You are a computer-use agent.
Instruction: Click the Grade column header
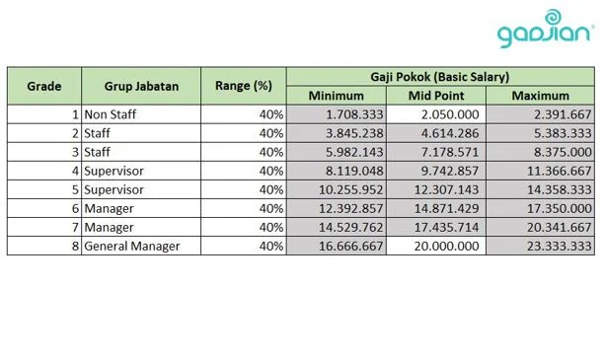(43, 86)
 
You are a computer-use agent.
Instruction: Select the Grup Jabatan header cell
(142, 86)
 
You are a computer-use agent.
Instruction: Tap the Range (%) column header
(243, 86)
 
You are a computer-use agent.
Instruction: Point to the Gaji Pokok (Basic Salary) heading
(440, 76)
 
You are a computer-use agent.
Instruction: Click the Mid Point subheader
(435, 96)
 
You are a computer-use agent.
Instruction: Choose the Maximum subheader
(540, 96)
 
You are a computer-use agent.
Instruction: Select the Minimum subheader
(336, 96)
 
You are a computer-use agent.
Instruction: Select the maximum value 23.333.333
(554, 246)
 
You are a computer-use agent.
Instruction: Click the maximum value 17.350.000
(554, 208)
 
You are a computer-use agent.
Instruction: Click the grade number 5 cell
(75, 189)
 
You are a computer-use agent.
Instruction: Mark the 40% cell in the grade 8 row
(270, 246)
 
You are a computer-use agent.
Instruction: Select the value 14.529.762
(346, 227)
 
